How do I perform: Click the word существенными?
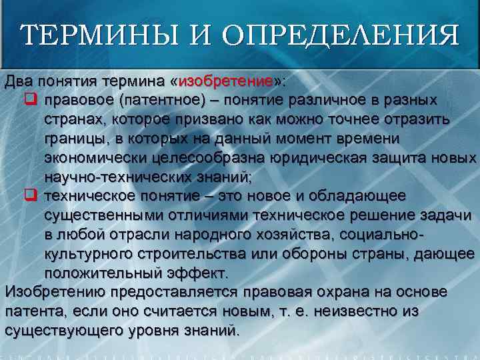[107, 215]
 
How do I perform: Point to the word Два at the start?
[18, 82]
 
